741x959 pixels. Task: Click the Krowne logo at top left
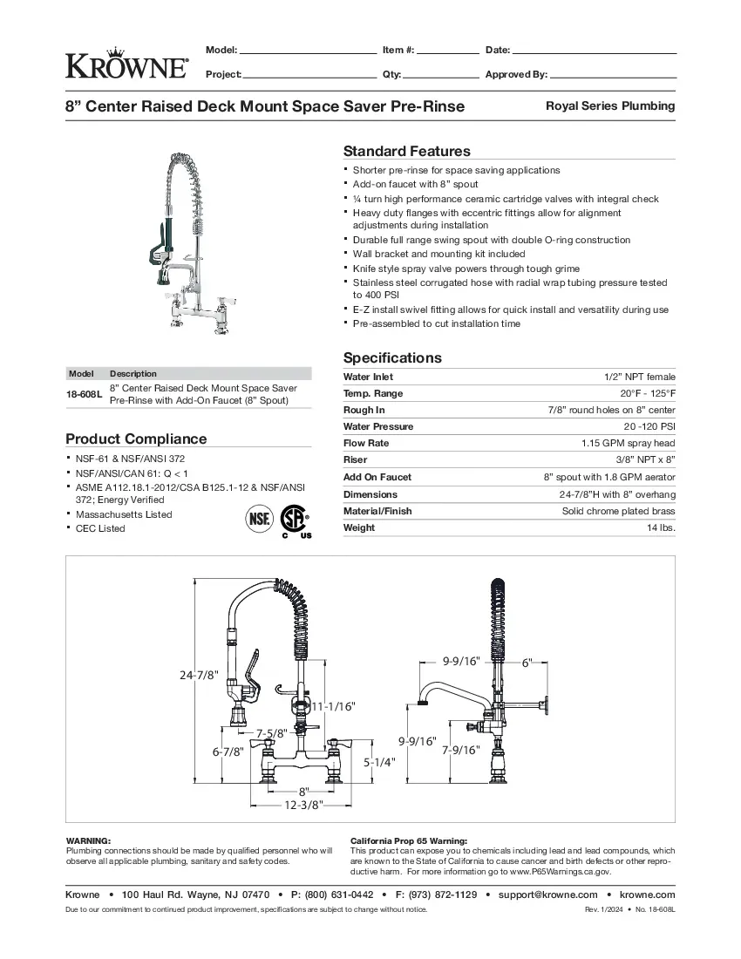tap(126, 62)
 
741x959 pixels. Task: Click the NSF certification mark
tap(259, 520)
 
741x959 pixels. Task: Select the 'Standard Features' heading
tap(406, 151)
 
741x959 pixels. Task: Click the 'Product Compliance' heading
tap(137, 439)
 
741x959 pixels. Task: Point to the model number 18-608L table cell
tap(85, 394)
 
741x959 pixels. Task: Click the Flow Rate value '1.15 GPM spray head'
tap(628, 444)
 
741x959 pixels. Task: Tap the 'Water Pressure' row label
tap(378, 427)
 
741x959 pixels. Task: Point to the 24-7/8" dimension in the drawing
tap(199, 674)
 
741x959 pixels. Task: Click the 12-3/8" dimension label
tap(304, 804)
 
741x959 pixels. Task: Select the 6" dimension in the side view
tap(527, 663)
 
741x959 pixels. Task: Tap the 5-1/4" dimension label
tap(379, 761)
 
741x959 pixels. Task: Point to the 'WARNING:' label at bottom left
tap(88, 839)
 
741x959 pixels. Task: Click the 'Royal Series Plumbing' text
tap(610, 106)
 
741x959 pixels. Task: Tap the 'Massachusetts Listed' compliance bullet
tap(124, 514)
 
